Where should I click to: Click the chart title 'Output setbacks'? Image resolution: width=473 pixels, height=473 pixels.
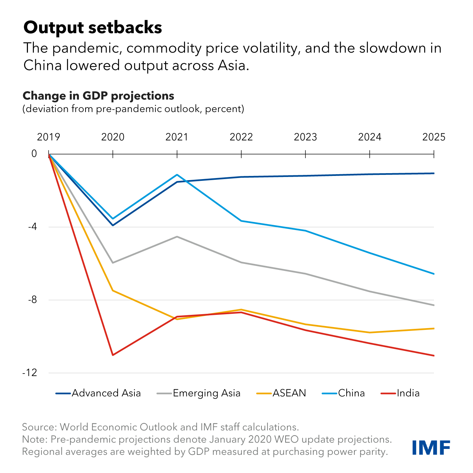coord(93,28)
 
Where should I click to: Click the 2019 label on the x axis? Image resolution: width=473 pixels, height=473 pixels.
coord(49,137)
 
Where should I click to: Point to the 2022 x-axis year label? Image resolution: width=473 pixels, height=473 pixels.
coord(241,137)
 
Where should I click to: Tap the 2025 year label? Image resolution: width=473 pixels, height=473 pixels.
coord(434,137)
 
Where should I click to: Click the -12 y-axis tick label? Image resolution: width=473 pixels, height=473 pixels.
coord(30,373)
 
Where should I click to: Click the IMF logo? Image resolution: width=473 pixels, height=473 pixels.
coord(431,448)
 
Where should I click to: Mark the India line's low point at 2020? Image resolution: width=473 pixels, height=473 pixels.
coord(113,355)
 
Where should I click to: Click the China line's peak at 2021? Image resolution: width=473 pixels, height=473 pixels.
coord(177,175)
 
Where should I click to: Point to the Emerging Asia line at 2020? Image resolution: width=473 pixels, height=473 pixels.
coord(113,263)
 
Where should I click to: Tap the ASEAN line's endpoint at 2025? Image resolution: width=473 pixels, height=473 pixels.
coord(434,328)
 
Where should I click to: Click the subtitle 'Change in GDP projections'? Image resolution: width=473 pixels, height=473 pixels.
coord(98,96)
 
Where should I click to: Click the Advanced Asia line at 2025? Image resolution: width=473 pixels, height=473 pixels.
coord(434,173)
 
